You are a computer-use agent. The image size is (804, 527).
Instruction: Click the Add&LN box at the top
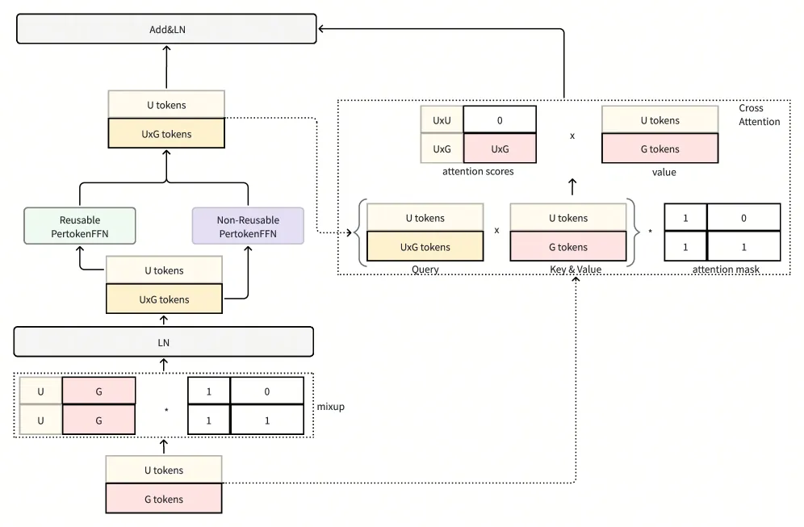coord(166,29)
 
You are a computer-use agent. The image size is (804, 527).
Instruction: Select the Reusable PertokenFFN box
coord(80,226)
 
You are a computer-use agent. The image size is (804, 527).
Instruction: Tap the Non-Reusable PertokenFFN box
coord(248,226)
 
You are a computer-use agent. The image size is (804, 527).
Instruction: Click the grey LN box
coord(164,342)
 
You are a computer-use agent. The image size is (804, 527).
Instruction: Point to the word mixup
coord(331,407)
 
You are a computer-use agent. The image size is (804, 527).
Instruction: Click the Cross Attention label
coord(760,115)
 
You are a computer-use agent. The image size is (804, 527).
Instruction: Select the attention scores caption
coord(478,171)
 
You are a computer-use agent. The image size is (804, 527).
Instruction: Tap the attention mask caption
coord(726,269)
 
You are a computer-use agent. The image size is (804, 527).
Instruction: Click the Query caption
coord(425,269)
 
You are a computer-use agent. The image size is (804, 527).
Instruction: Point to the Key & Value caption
coord(576,269)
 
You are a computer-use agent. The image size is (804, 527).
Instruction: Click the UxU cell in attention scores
coord(442,120)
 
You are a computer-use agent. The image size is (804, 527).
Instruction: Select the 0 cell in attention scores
coord(500,120)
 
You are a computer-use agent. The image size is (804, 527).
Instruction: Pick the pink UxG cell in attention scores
coord(500,148)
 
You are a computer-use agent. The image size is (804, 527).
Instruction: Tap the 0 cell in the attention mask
coord(743,218)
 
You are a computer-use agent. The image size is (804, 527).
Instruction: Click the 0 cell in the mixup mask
coord(266,391)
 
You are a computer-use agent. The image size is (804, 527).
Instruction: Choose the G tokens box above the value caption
coord(660,148)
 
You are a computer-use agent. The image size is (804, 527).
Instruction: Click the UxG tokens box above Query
coord(425,247)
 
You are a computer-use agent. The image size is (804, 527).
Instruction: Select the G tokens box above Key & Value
coord(568,247)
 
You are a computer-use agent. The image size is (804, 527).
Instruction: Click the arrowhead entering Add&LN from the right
coord(320,29)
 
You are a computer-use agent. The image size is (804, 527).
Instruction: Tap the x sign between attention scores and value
coord(572,136)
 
